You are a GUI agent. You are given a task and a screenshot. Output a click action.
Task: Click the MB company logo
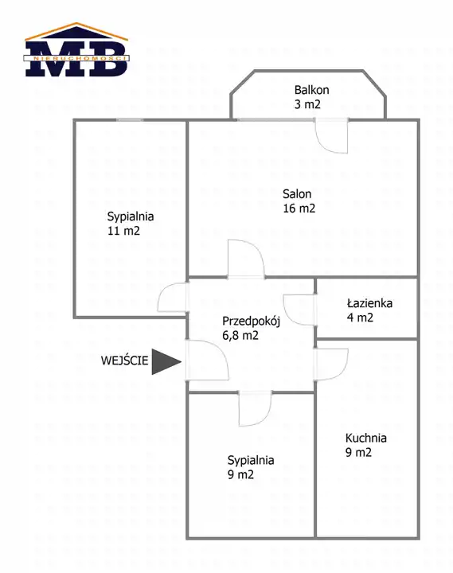click(76, 49)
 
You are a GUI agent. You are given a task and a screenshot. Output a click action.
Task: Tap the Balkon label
click(311, 90)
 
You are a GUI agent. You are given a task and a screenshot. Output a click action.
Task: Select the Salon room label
click(297, 194)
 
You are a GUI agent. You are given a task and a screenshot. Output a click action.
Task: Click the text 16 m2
click(299, 209)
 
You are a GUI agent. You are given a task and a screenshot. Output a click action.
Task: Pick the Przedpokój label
click(251, 322)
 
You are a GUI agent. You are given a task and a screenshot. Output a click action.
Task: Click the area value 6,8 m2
click(240, 335)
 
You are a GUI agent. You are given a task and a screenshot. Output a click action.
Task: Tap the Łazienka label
click(369, 303)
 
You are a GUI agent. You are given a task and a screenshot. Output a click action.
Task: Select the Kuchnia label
click(366, 438)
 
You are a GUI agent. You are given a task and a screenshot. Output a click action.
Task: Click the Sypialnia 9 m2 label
click(251, 467)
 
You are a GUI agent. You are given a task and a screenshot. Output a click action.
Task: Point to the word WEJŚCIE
click(125, 361)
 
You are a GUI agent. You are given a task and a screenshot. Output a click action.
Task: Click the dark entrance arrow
click(166, 362)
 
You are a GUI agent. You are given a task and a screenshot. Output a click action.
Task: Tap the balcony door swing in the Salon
click(332, 135)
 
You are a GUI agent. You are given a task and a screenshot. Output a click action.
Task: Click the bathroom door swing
click(300, 310)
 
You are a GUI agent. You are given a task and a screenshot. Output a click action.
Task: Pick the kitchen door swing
click(331, 364)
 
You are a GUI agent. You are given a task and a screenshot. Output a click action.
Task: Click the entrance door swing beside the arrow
click(207, 360)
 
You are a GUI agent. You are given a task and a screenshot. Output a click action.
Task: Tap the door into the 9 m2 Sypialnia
click(256, 408)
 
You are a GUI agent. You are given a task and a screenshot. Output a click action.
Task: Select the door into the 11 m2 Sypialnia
click(173, 298)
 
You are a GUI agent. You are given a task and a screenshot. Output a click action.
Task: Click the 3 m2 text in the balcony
click(307, 104)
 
